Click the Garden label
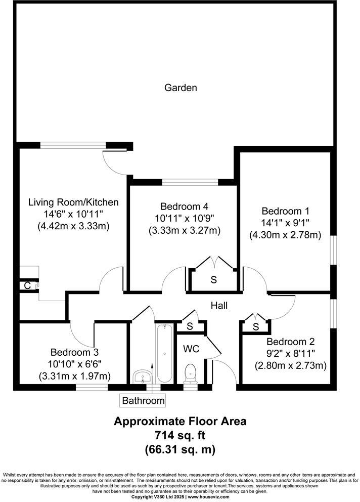(x=181, y=88)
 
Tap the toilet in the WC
(x=191, y=373)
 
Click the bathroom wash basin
(x=142, y=375)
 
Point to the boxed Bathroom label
(x=143, y=400)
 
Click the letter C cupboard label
(x=27, y=285)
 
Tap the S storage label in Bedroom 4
(x=214, y=279)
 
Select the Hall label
(x=219, y=306)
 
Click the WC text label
(x=191, y=349)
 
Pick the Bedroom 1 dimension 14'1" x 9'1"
(x=285, y=223)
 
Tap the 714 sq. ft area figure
(x=180, y=435)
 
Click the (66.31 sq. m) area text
(x=180, y=448)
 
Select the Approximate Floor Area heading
(x=180, y=421)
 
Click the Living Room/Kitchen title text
(x=73, y=202)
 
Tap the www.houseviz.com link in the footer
(x=209, y=497)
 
